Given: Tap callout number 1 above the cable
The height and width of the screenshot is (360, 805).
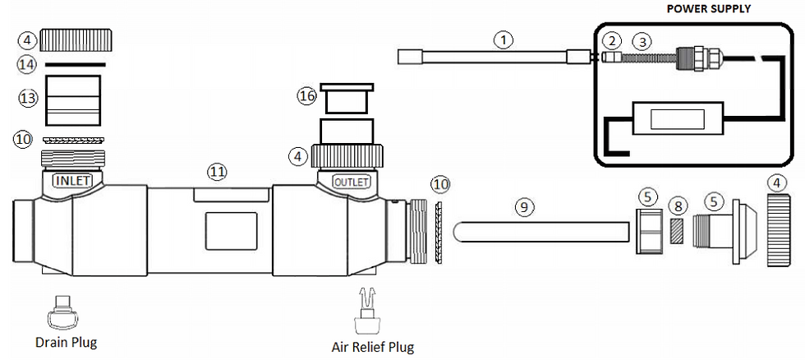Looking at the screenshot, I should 503,38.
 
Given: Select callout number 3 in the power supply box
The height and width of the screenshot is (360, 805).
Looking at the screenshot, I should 644,39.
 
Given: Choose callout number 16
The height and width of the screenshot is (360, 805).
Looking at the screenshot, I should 306,96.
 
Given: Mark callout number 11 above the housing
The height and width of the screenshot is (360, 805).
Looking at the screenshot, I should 217,171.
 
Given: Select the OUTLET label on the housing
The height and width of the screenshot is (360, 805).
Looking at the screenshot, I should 350,181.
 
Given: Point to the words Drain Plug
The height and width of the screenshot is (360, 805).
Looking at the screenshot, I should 66,341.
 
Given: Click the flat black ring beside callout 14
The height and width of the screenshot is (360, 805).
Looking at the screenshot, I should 75,63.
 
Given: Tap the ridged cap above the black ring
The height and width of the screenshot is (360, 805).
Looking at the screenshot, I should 76,38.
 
